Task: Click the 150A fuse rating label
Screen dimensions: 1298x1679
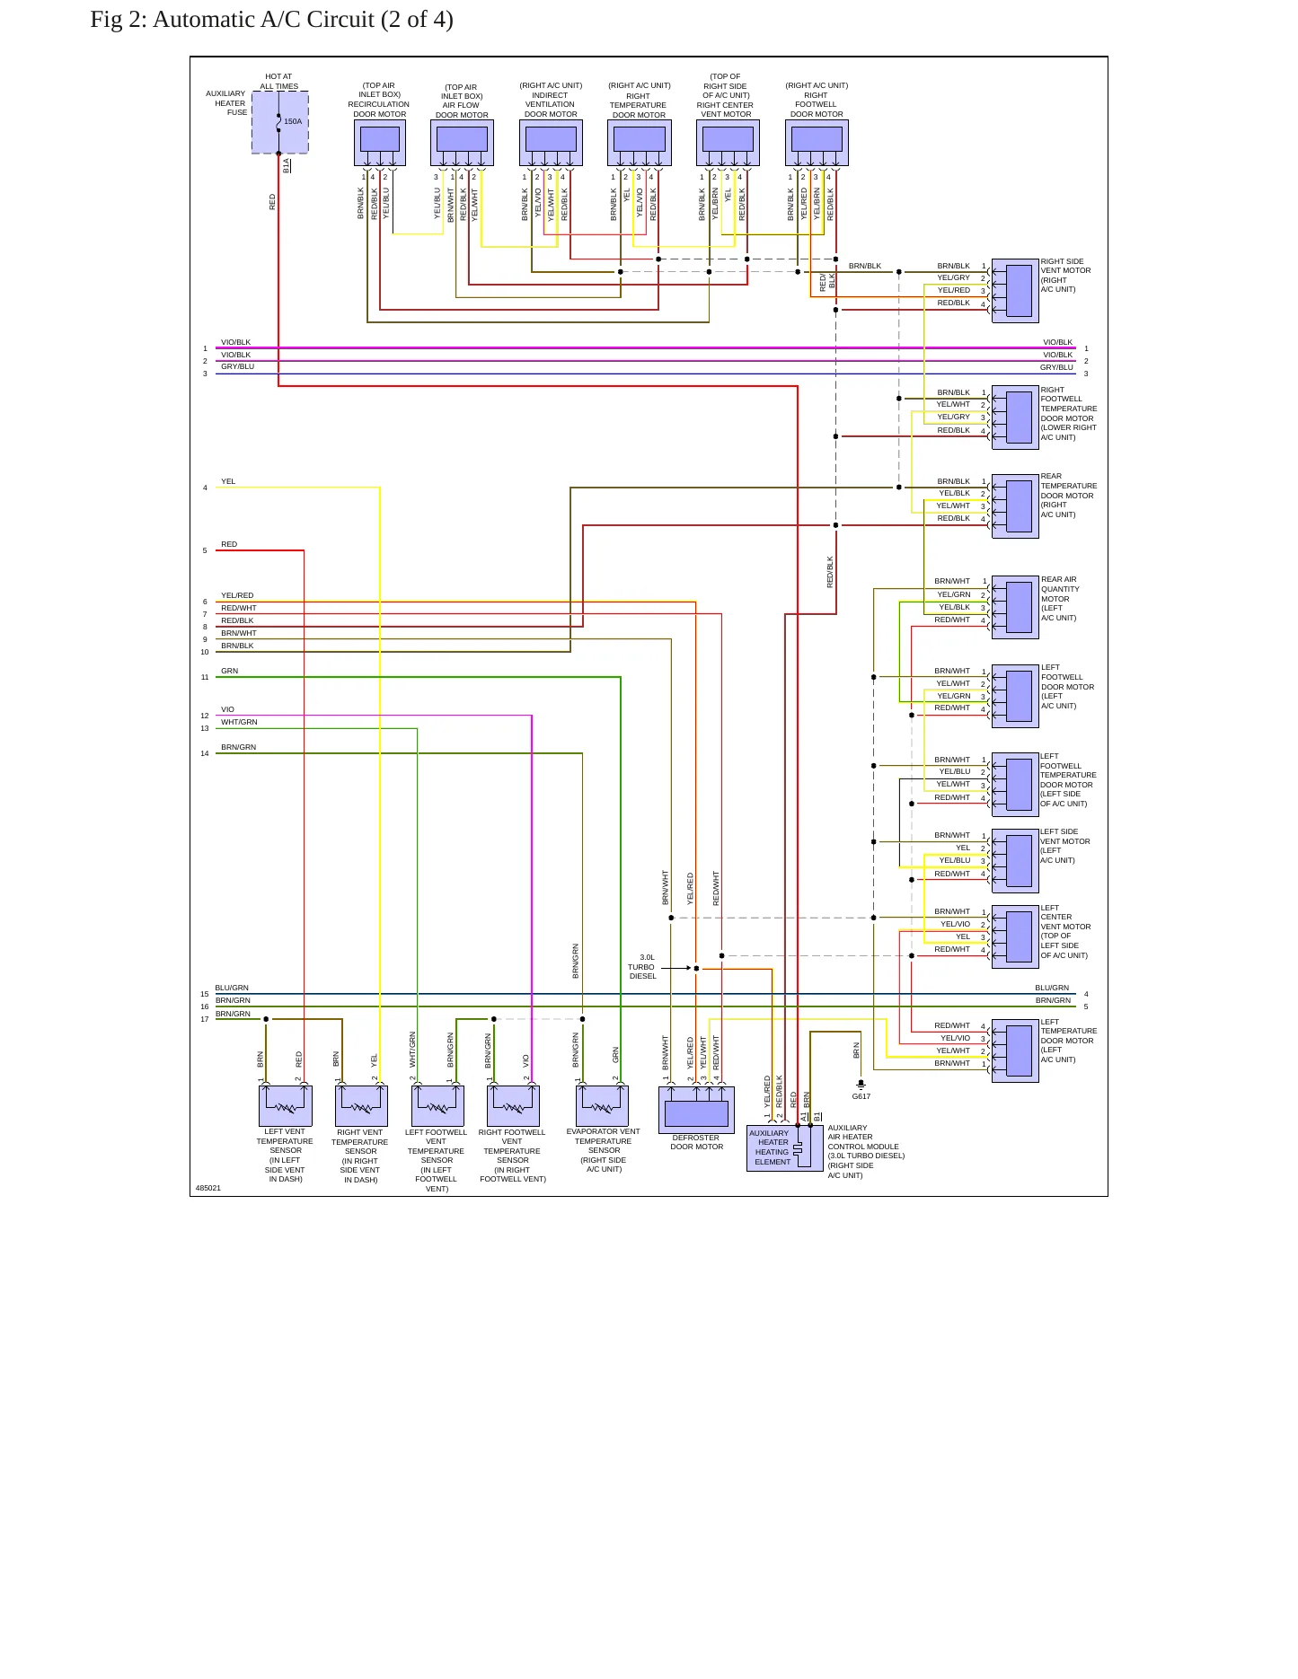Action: point(293,121)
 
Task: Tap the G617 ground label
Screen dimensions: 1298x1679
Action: point(861,1096)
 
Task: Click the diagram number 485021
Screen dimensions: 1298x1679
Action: point(208,1188)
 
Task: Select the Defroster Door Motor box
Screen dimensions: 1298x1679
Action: point(696,1110)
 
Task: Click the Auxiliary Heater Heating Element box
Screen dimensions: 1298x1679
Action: point(784,1147)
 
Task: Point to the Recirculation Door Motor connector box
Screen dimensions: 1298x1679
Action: point(380,143)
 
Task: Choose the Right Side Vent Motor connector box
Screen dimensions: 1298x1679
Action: point(1015,291)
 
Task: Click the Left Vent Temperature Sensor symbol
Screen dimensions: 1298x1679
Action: point(286,1105)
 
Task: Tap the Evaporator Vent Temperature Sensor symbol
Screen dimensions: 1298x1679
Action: point(603,1105)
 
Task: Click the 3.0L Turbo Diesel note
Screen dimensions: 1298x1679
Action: point(642,967)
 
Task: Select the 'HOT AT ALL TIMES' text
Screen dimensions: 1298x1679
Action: point(279,82)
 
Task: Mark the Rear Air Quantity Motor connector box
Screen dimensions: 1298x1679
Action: point(1015,607)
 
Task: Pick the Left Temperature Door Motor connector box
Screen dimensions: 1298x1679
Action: point(1015,1050)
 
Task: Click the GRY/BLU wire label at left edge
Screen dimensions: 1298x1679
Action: point(238,367)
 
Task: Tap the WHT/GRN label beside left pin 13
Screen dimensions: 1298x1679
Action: point(239,722)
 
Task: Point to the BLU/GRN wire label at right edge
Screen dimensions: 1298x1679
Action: point(1052,988)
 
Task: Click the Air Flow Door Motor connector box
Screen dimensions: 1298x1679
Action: point(462,143)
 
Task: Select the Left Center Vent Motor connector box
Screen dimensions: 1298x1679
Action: point(1015,937)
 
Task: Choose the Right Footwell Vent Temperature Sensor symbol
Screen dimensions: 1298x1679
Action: point(513,1105)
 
